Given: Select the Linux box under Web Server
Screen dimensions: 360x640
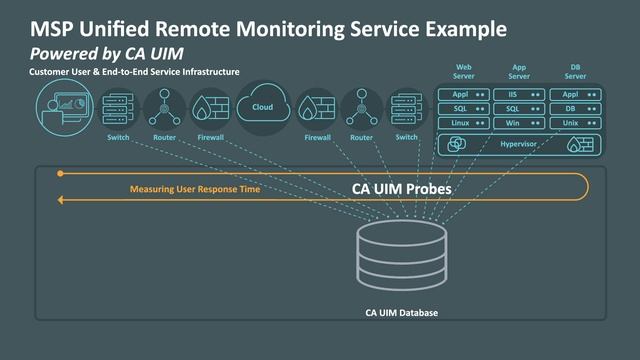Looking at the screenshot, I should [463, 123].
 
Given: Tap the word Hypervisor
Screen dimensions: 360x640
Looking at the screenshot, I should [519, 145].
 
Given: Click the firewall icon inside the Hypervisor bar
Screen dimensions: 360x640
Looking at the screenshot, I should [578, 145].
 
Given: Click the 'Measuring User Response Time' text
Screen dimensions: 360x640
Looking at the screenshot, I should [190, 188].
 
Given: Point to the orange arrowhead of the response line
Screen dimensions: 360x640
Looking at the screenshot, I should [61, 200].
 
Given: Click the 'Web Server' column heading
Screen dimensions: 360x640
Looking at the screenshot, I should [463, 72].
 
